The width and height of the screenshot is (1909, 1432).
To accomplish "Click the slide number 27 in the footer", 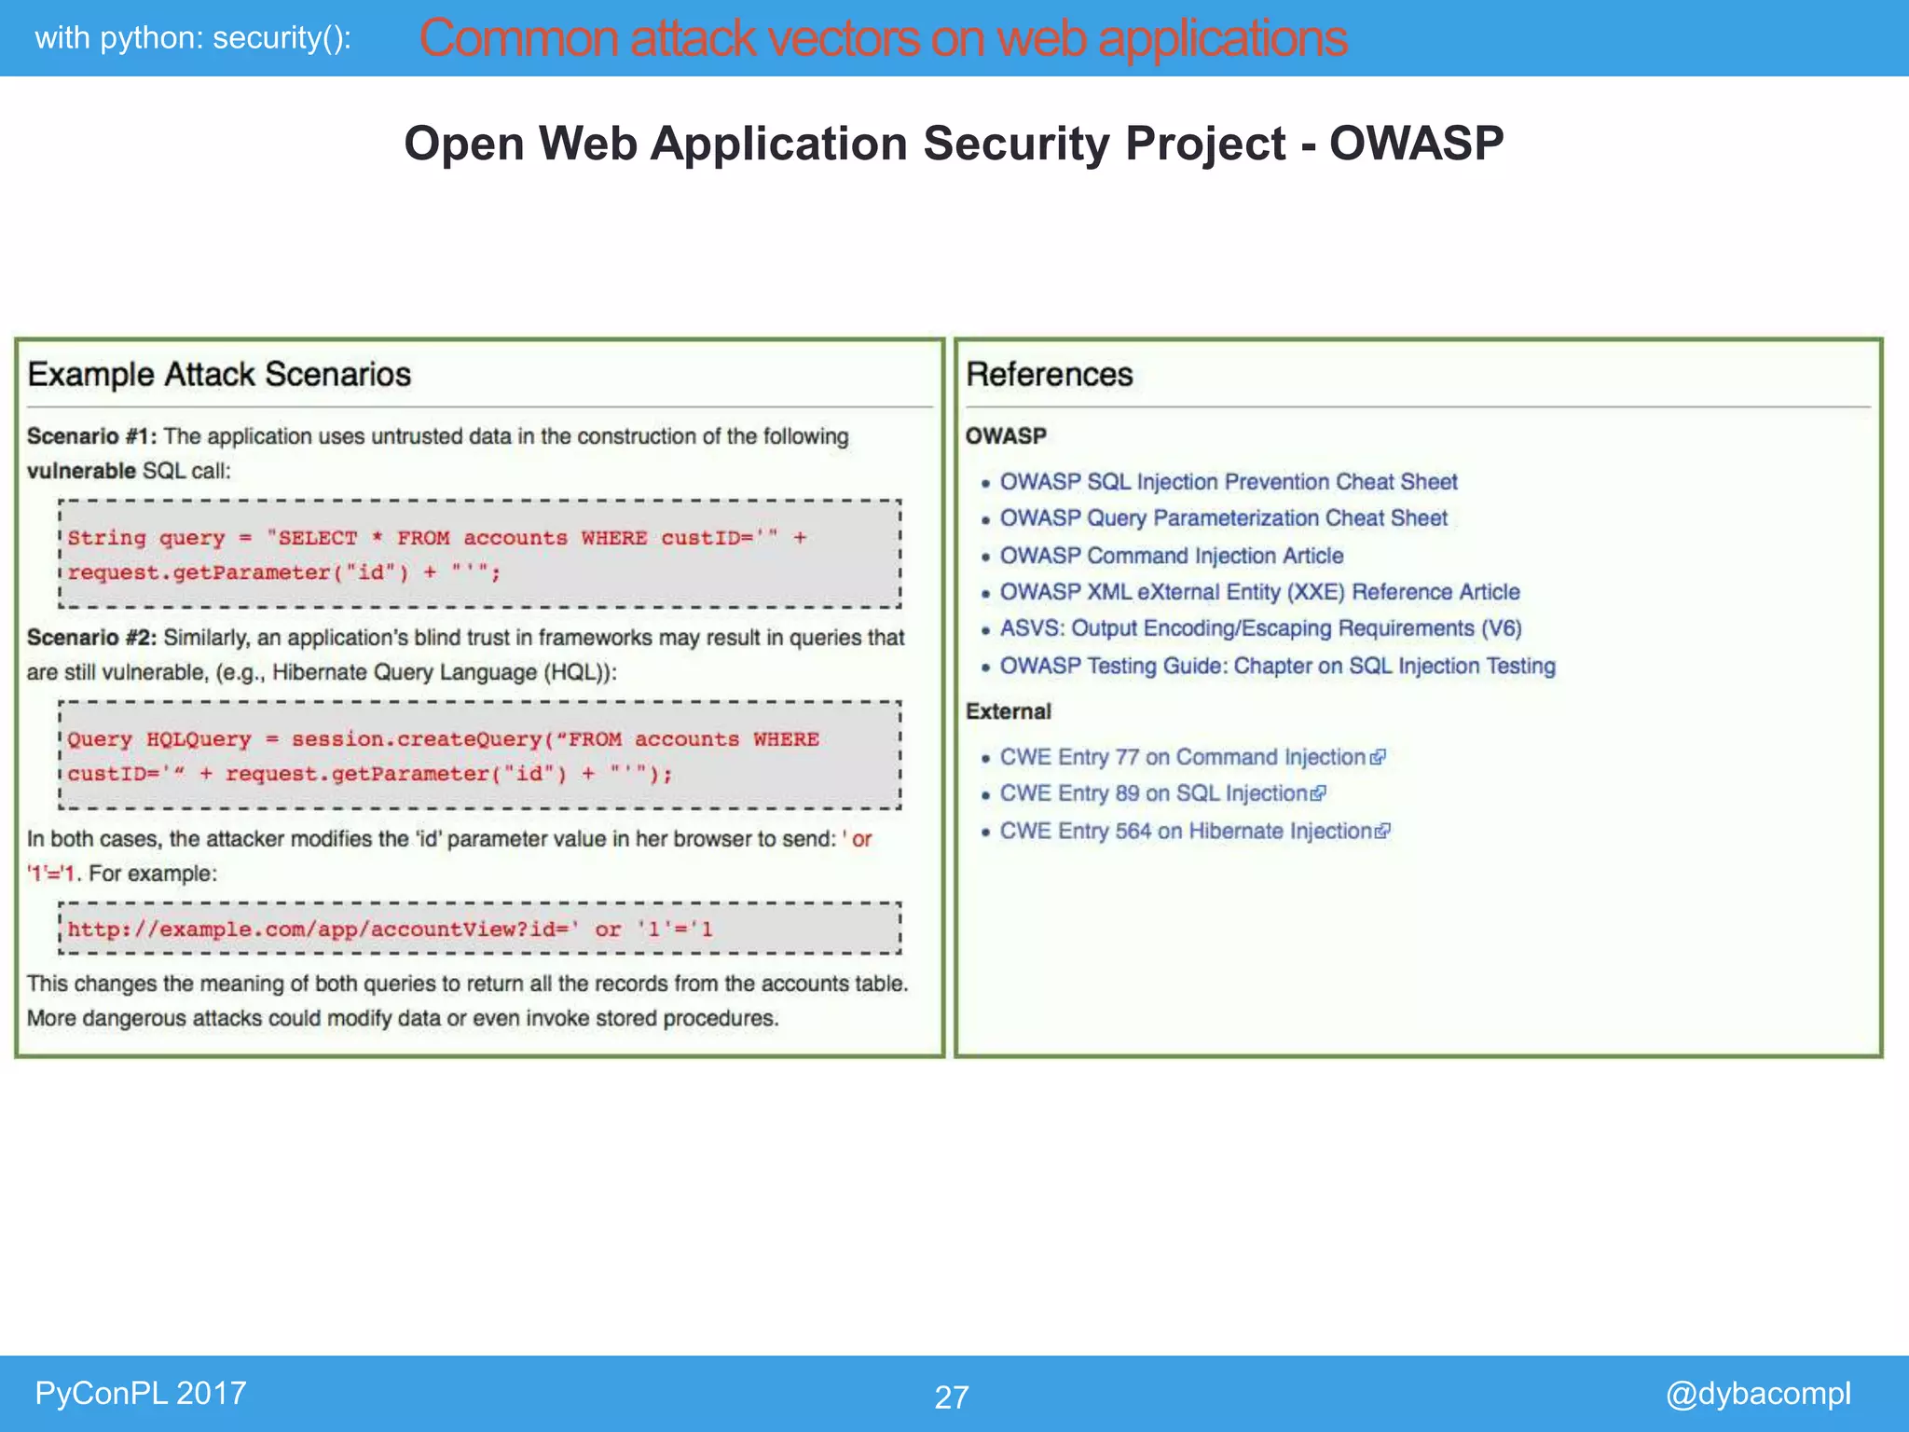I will (x=951, y=1397).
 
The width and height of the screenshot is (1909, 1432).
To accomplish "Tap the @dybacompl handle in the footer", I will (x=1757, y=1393).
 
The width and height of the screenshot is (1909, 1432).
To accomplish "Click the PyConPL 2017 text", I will (x=140, y=1393).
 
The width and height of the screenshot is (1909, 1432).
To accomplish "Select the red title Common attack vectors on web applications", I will (x=882, y=38).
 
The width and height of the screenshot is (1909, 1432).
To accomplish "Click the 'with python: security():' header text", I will (x=193, y=38).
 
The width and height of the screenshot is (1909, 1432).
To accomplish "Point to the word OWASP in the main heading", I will (x=1415, y=144).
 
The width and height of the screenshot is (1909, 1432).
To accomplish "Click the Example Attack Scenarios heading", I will (x=219, y=375).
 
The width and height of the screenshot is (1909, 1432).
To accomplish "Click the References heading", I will (x=1049, y=375).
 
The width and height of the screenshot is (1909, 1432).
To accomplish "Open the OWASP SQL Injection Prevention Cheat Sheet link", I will (x=1228, y=482).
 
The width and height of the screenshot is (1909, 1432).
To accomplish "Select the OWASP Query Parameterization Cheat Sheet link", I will (x=1223, y=518).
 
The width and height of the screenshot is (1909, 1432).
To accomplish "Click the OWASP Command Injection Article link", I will (x=1171, y=556).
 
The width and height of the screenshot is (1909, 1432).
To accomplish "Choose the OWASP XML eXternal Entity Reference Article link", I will (x=1259, y=592).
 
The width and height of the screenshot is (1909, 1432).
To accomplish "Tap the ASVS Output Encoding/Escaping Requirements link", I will (x=1260, y=628).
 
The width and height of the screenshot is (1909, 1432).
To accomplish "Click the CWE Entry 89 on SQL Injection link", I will (x=1153, y=793).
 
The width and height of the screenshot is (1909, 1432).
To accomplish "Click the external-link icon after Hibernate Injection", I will (x=1382, y=831).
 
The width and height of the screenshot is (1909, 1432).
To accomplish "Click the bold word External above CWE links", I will (x=1008, y=711).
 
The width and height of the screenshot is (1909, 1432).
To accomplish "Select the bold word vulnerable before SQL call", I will (x=81, y=471).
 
